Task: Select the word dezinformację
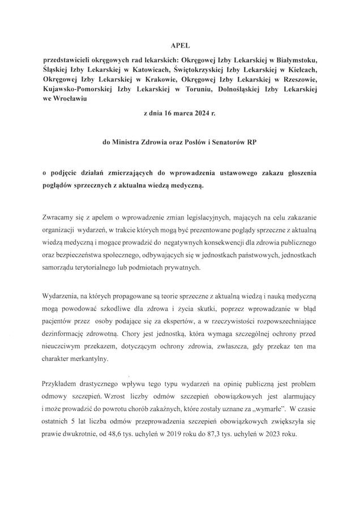(x=74, y=334)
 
